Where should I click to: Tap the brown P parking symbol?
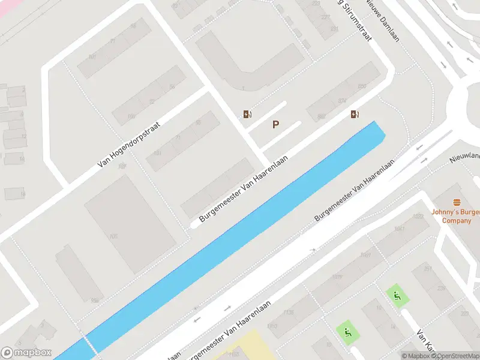(275, 125)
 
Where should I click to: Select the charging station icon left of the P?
(247, 114)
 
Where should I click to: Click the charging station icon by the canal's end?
(355, 114)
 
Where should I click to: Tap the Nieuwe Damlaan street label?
(383, 21)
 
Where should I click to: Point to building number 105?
(113, 236)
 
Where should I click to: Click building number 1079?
(337, 277)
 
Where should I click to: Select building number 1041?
(400, 229)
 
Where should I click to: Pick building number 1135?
(289, 312)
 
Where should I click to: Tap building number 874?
(342, 101)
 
